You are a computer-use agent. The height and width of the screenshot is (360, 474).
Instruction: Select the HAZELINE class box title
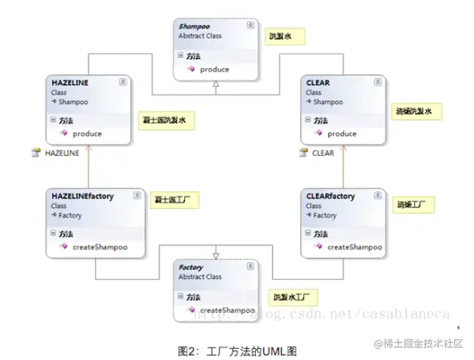click(x=70, y=83)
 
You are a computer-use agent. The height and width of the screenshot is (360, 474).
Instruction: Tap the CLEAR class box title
click(x=318, y=83)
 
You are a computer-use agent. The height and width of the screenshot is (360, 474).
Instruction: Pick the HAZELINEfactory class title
click(x=83, y=196)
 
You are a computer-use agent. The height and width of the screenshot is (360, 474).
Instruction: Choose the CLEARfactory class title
click(x=330, y=196)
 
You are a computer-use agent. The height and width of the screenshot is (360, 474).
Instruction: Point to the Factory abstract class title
click(x=192, y=267)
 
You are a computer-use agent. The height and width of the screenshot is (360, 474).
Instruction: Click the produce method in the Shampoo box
click(x=215, y=69)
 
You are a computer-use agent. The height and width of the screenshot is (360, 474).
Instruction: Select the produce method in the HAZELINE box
click(x=88, y=134)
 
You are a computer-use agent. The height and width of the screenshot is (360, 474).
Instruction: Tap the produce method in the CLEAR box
click(x=342, y=134)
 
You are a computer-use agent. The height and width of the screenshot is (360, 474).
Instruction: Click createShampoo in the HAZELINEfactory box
click(x=98, y=247)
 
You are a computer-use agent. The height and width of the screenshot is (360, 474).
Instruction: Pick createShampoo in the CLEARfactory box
click(x=355, y=247)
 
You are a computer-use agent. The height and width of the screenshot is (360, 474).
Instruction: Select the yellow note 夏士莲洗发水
click(x=168, y=120)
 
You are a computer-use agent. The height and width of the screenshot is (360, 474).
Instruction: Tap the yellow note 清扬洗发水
click(x=418, y=112)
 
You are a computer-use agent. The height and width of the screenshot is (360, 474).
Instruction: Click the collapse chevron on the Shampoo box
click(x=251, y=25)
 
